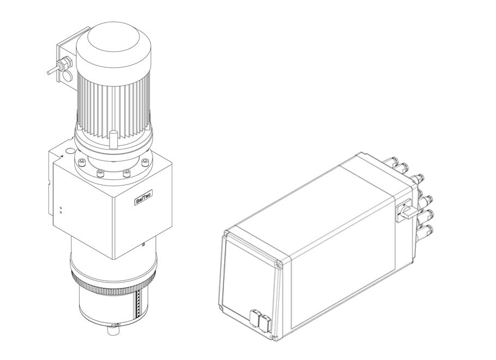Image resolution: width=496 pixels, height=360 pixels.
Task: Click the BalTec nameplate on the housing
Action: tap(143, 197)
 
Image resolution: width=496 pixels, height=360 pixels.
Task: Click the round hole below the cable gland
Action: tap(68, 76)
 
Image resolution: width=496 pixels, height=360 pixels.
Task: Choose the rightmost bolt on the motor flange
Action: tap(145, 162)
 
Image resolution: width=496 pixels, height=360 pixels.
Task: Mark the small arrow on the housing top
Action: tap(62, 156)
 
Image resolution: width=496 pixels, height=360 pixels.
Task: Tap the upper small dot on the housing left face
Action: tap(61, 208)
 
